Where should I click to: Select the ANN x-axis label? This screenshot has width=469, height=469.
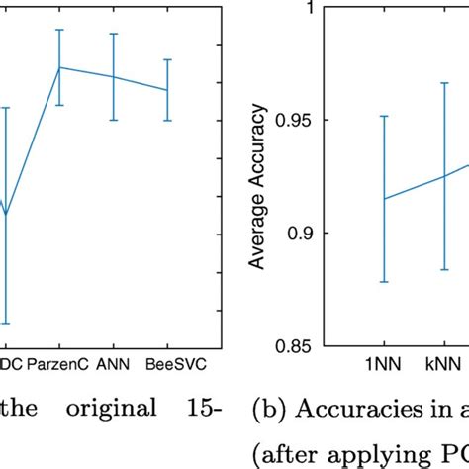(x=114, y=363)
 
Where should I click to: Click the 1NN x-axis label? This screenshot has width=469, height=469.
(x=383, y=363)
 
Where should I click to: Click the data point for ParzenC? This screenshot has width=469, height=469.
(x=60, y=67)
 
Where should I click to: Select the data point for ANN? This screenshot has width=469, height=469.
(x=114, y=77)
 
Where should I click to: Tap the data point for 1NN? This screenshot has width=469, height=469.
(x=383, y=199)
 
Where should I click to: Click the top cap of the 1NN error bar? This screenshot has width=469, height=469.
(x=383, y=116)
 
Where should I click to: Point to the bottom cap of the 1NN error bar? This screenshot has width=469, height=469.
(x=383, y=282)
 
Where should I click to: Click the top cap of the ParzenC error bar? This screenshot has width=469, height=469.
(x=60, y=30)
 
